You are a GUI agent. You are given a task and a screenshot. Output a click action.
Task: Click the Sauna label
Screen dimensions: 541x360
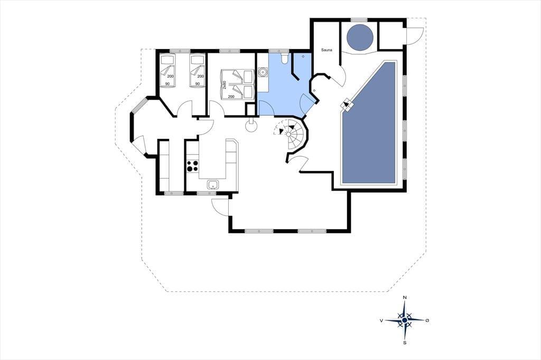click(x=327, y=50)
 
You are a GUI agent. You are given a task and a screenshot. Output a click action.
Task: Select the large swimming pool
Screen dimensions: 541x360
click(x=368, y=123)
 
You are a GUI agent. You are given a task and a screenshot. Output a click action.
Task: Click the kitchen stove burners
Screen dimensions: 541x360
click(x=192, y=166)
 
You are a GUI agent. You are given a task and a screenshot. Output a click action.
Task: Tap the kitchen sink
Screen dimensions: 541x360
click(x=213, y=185)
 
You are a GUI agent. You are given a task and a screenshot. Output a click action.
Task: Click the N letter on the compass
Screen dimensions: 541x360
click(x=405, y=298)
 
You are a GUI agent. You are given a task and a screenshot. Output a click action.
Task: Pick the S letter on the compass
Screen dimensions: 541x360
click(x=405, y=343)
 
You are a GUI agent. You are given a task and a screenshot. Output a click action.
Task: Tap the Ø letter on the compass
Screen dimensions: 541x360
click(x=427, y=320)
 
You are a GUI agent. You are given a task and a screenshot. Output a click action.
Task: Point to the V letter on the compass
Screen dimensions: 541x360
click(x=381, y=320)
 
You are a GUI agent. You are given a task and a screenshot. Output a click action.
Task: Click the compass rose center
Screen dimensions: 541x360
click(x=405, y=320)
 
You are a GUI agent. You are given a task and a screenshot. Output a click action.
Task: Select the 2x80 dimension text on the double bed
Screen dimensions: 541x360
click(x=224, y=84)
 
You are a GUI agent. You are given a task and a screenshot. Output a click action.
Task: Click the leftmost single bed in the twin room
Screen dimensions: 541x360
click(x=167, y=71)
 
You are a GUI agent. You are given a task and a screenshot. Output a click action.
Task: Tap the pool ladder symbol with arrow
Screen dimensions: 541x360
click(x=347, y=105)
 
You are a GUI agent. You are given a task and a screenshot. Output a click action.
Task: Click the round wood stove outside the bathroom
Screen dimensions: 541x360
click(x=251, y=125)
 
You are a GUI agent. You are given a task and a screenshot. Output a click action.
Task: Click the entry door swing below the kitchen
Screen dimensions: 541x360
click(x=220, y=207)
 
